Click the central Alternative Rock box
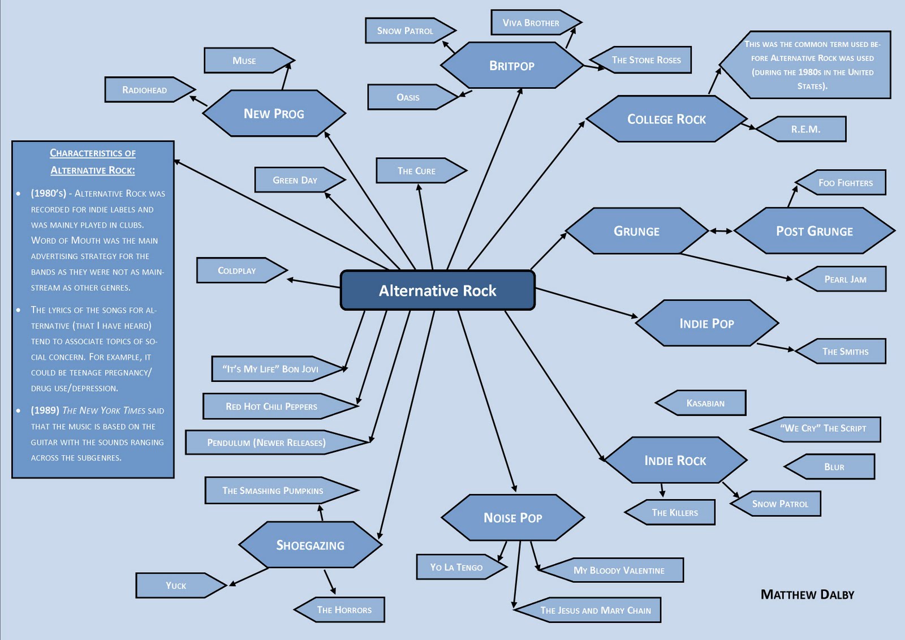(437, 290)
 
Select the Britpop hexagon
(511, 66)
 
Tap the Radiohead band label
(145, 90)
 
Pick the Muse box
(244, 61)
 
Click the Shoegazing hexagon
(310, 545)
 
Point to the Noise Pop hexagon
(512, 518)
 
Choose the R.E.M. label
(805, 129)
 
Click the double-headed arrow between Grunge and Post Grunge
(721, 231)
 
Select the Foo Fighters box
(845, 183)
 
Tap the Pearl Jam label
(845, 279)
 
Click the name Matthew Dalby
(807, 594)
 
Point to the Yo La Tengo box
(456, 567)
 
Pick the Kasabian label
(705, 403)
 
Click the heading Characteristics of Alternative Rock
(93, 161)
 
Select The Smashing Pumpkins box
(273, 491)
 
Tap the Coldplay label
(237, 270)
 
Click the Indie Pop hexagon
(706, 323)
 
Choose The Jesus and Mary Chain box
(595, 610)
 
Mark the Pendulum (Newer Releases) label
(266, 443)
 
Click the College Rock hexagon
(666, 119)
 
